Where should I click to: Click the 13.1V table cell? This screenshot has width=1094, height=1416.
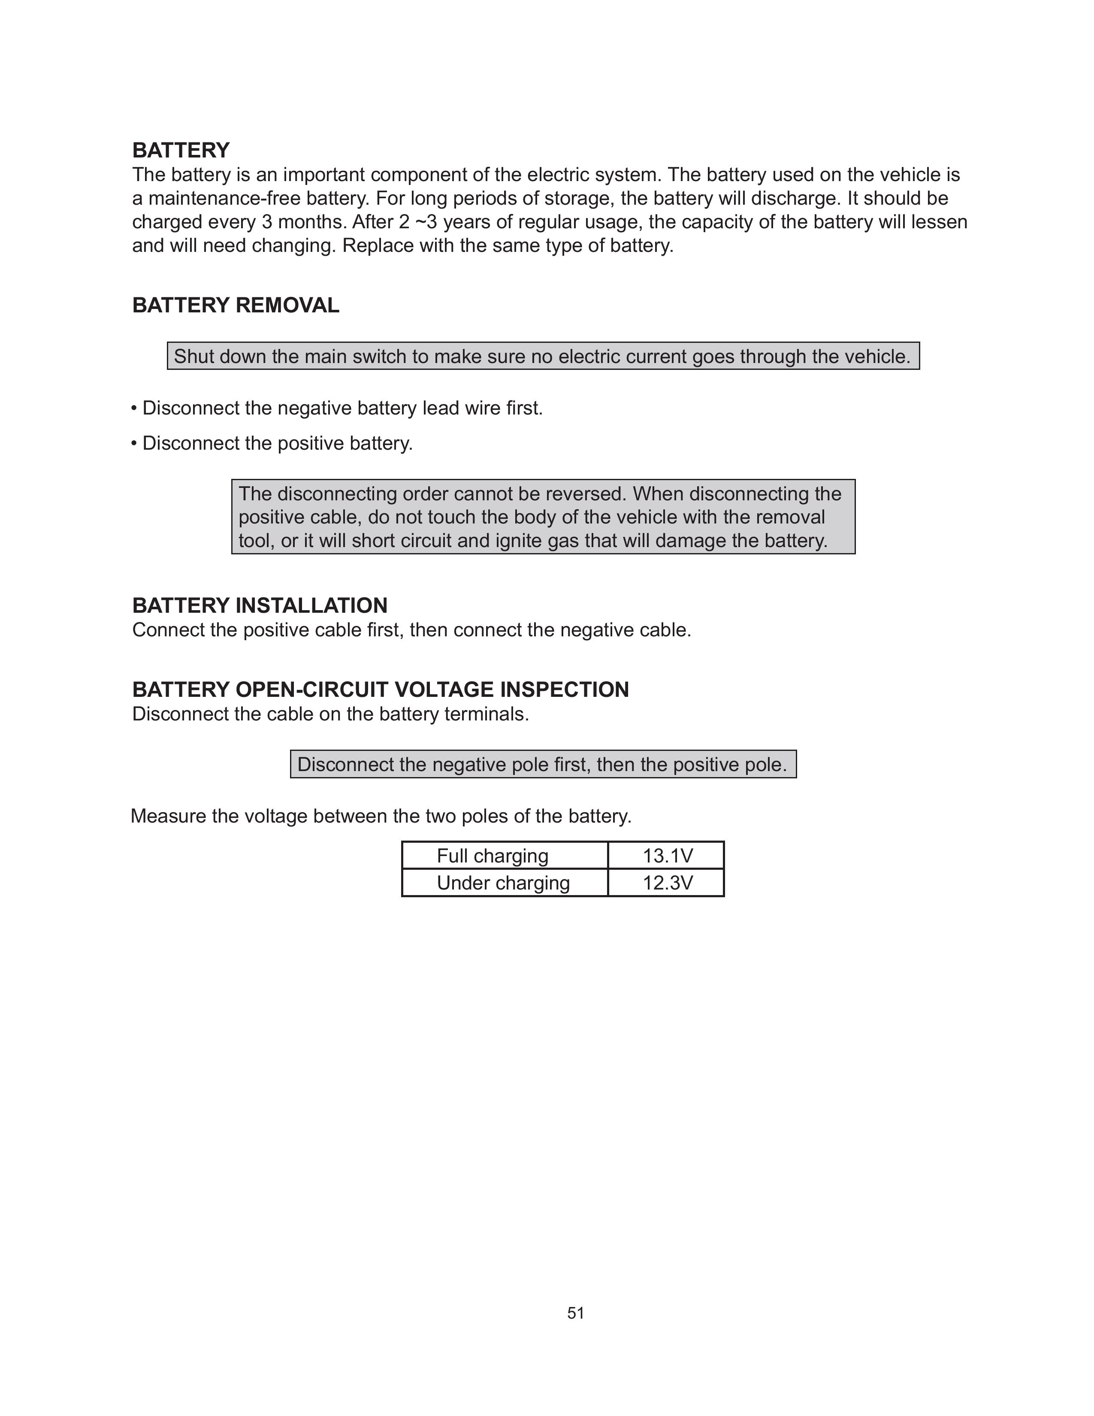(x=667, y=856)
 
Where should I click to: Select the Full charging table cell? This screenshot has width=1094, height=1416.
(x=493, y=856)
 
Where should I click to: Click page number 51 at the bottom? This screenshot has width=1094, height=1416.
(x=575, y=1313)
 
